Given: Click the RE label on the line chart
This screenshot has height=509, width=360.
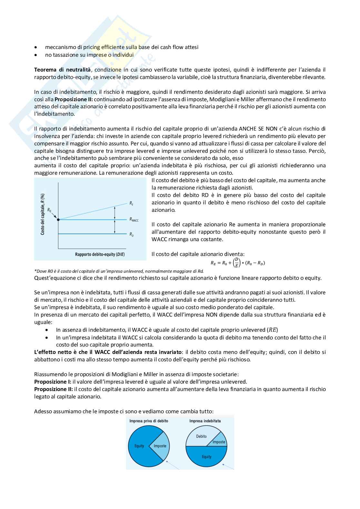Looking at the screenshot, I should click(131, 203).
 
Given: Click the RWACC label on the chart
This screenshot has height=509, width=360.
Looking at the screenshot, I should click(134, 220).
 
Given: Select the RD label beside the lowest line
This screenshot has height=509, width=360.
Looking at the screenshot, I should click(132, 234).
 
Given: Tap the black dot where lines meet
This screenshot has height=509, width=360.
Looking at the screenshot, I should click(58, 220).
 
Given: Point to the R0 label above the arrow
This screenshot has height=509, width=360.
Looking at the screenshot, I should click(49, 210).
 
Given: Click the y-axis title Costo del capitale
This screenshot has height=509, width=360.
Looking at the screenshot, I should click(43, 214).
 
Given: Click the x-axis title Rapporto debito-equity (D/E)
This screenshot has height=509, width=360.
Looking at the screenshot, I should click(100, 254).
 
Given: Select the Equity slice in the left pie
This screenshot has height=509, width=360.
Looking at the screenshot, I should click(139, 446).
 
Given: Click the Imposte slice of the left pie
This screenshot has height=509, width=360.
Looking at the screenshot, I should click(160, 446).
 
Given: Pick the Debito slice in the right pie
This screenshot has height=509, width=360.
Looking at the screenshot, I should click(201, 436).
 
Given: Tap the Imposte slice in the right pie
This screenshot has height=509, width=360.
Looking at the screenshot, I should click(219, 442).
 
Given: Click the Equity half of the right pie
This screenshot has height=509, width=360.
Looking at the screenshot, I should click(206, 457).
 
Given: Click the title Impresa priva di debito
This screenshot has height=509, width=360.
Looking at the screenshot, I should click(149, 421).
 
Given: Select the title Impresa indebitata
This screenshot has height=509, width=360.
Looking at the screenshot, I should click(205, 421).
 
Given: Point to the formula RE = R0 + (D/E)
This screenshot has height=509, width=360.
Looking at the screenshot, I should click(238, 263).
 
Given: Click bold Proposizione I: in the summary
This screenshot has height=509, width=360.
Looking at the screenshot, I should click(53, 382).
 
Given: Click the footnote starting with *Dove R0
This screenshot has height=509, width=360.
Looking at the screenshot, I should click(119, 271).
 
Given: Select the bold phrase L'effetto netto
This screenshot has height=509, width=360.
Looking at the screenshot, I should click(53, 352).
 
